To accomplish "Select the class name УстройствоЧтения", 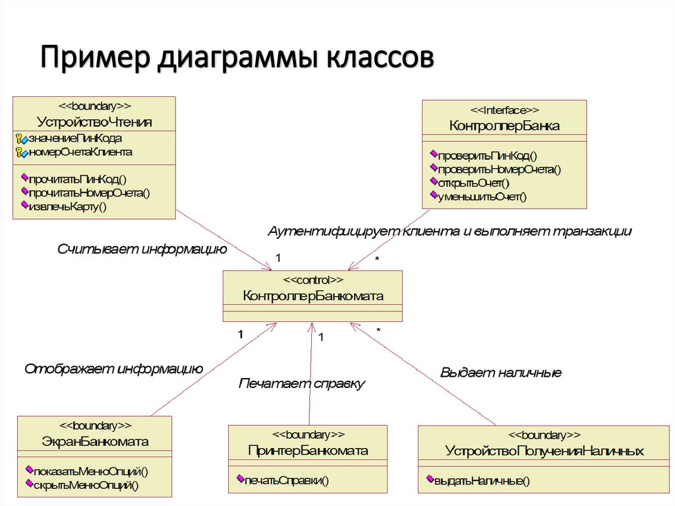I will pyautogui.click(x=95, y=122).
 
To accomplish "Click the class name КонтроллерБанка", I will pyautogui.click(x=504, y=126).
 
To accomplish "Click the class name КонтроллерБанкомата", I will pyautogui.click(x=312, y=296).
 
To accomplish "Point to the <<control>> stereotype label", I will pyautogui.click(x=312, y=280).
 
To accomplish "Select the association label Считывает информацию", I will pyautogui.click(x=142, y=249).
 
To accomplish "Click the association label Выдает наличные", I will pyautogui.click(x=500, y=373).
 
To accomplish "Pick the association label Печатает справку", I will pyautogui.click(x=301, y=383).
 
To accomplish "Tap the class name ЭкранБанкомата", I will pyautogui.click(x=95, y=441).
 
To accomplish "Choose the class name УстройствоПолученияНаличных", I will pyautogui.click(x=544, y=451).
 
